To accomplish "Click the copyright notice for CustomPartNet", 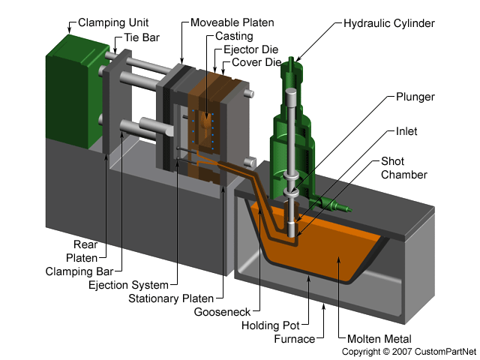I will pos(409,351).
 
